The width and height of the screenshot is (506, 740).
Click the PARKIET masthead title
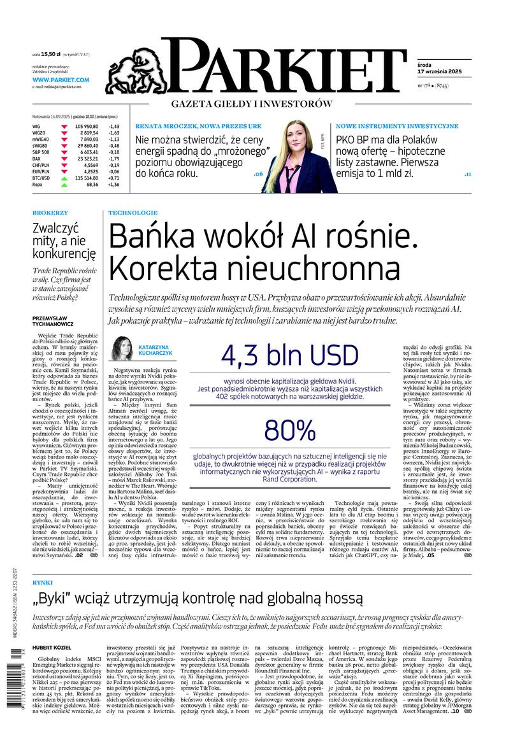click(284, 68)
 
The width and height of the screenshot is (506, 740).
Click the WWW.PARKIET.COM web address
click(61, 80)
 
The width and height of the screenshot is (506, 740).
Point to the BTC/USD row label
click(43, 177)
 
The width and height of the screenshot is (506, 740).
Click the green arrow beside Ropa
click(64, 184)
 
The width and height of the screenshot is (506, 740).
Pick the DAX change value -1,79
click(114, 158)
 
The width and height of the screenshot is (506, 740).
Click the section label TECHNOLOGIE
click(133, 212)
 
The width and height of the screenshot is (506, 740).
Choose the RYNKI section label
click(43, 581)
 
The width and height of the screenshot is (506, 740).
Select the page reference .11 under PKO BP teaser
click(466, 173)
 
